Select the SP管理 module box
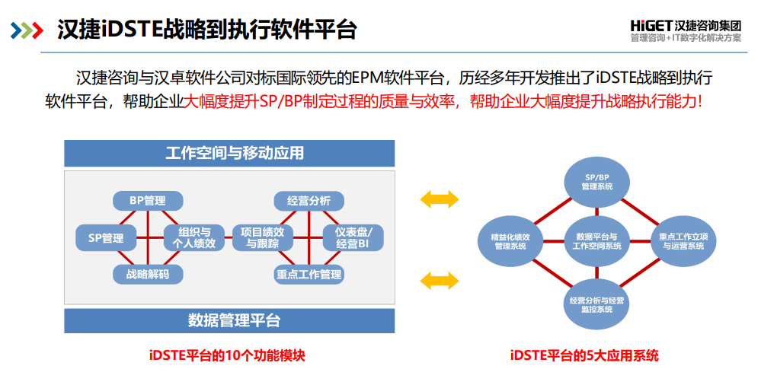[x=106, y=238]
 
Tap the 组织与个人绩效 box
[x=194, y=238]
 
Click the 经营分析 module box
[x=309, y=201]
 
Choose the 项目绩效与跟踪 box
[x=263, y=238]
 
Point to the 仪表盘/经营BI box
[x=353, y=238]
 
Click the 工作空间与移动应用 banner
[x=229, y=153]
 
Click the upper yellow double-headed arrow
[x=440, y=200]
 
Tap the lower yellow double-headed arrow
[x=440, y=281]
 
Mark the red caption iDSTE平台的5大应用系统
[x=584, y=355]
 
